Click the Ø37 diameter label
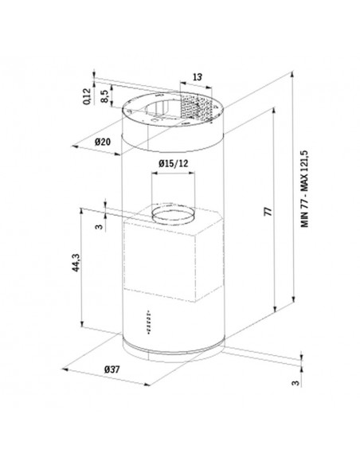coord(112,369)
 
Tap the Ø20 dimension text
coord(103,142)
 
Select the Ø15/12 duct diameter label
coord(173,163)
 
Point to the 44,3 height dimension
coord(76,263)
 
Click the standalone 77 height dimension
coord(268,212)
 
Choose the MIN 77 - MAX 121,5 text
coord(305,189)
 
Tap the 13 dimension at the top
coord(198,77)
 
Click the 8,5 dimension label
coord(104,96)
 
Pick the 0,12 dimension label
coord(87,96)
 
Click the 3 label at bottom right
coord(295,383)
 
